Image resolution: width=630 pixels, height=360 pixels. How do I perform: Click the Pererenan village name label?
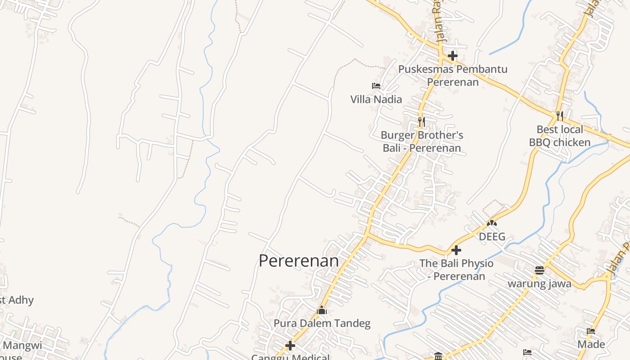(298, 261)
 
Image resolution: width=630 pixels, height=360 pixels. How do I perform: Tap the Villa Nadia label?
(376, 99)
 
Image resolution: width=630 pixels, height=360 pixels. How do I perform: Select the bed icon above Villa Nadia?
(376, 85)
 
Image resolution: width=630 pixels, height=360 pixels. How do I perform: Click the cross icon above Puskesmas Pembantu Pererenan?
(453, 56)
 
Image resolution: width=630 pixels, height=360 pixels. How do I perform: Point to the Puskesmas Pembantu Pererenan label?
(453, 76)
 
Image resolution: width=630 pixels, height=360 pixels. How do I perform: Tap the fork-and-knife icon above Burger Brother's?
(421, 121)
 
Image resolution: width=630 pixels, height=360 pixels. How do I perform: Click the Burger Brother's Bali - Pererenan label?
(422, 141)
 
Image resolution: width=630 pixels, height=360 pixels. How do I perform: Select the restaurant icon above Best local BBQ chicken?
(559, 116)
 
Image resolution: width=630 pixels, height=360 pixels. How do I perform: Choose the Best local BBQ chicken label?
(559, 136)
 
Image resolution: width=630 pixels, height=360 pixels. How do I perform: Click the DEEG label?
(492, 237)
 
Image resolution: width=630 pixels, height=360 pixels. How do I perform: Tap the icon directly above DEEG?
(492, 223)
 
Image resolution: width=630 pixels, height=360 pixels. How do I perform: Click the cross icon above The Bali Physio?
(456, 250)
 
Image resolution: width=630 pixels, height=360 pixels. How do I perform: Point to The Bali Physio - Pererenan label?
(456, 270)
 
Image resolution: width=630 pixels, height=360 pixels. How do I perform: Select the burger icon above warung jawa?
(540, 270)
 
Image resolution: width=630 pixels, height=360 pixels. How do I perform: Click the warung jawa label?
(540, 284)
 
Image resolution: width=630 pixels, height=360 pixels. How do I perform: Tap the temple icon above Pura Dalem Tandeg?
(322, 310)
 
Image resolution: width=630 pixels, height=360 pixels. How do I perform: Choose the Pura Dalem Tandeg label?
(322, 324)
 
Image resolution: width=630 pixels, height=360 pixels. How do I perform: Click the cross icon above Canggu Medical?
(290, 346)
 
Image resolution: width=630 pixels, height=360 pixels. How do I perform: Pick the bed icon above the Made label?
(591, 331)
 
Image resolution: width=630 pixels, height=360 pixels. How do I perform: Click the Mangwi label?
(22, 346)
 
